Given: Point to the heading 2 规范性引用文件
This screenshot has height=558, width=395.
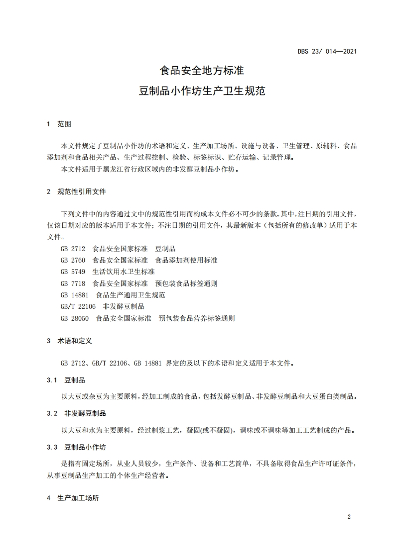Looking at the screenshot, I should (x=76, y=191).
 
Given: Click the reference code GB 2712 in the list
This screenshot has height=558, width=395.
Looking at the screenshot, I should (x=73, y=249).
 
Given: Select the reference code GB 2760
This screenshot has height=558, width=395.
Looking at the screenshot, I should (x=73, y=260).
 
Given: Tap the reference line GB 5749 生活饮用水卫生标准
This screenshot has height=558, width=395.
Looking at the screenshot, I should (x=108, y=272).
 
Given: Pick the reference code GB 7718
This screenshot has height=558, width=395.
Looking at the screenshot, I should (x=73, y=283).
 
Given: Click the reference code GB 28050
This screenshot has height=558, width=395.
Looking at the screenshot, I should (x=75, y=318).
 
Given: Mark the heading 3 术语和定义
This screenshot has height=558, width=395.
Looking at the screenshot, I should (x=69, y=341).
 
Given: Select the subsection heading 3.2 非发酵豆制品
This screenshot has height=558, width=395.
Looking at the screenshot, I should (x=76, y=413).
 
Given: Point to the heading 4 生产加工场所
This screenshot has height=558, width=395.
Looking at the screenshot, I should (x=73, y=498).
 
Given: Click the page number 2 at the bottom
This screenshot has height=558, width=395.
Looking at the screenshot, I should (x=349, y=517).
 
